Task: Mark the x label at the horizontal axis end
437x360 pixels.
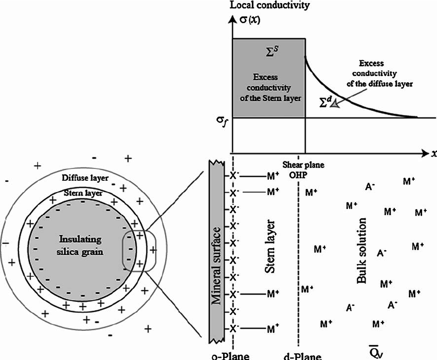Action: point(433,154)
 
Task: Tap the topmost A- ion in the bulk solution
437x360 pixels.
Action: point(370,187)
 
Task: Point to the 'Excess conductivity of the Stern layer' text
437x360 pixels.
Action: point(269,85)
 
